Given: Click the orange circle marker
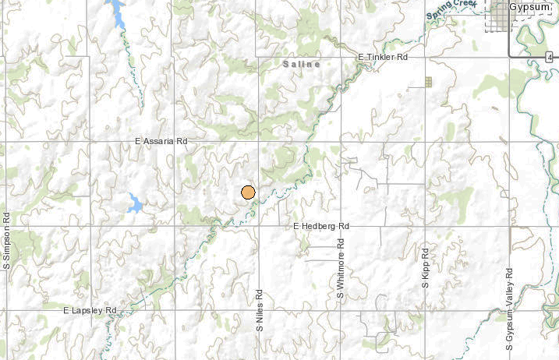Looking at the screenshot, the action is click(x=248, y=192).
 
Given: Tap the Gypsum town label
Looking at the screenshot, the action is click(x=529, y=7).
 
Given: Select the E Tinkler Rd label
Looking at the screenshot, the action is click(x=383, y=58).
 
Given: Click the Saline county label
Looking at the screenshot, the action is click(x=302, y=65).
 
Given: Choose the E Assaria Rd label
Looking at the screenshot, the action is click(x=161, y=142).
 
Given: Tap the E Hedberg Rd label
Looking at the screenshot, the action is click(x=321, y=226).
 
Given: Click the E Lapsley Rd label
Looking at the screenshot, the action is click(x=90, y=310).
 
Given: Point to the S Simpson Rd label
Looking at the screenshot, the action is click(x=6, y=241).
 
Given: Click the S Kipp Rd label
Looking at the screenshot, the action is click(x=426, y=268).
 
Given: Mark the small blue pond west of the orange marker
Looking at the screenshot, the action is click(x=135, y=204).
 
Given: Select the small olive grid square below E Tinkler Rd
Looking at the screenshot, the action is click(x=428, y=81).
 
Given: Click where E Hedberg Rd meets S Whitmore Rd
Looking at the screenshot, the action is click(x=341, y=227).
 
